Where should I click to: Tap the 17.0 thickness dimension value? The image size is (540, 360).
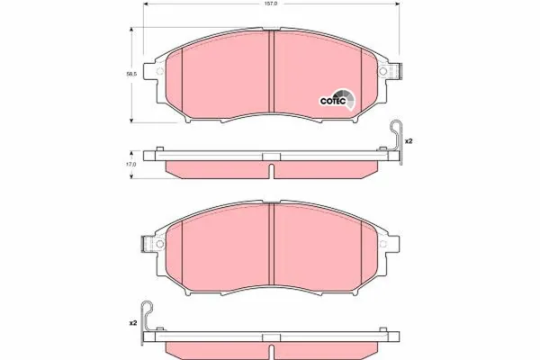131,165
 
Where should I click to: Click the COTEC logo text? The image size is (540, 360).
333,102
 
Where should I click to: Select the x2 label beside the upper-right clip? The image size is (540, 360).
409,141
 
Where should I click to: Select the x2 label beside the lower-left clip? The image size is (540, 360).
133,323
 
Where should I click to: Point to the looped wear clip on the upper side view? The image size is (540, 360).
397,141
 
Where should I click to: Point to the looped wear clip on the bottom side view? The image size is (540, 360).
147,322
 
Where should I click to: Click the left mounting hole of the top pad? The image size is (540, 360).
159,71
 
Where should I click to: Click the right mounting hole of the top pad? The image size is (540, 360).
382,71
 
